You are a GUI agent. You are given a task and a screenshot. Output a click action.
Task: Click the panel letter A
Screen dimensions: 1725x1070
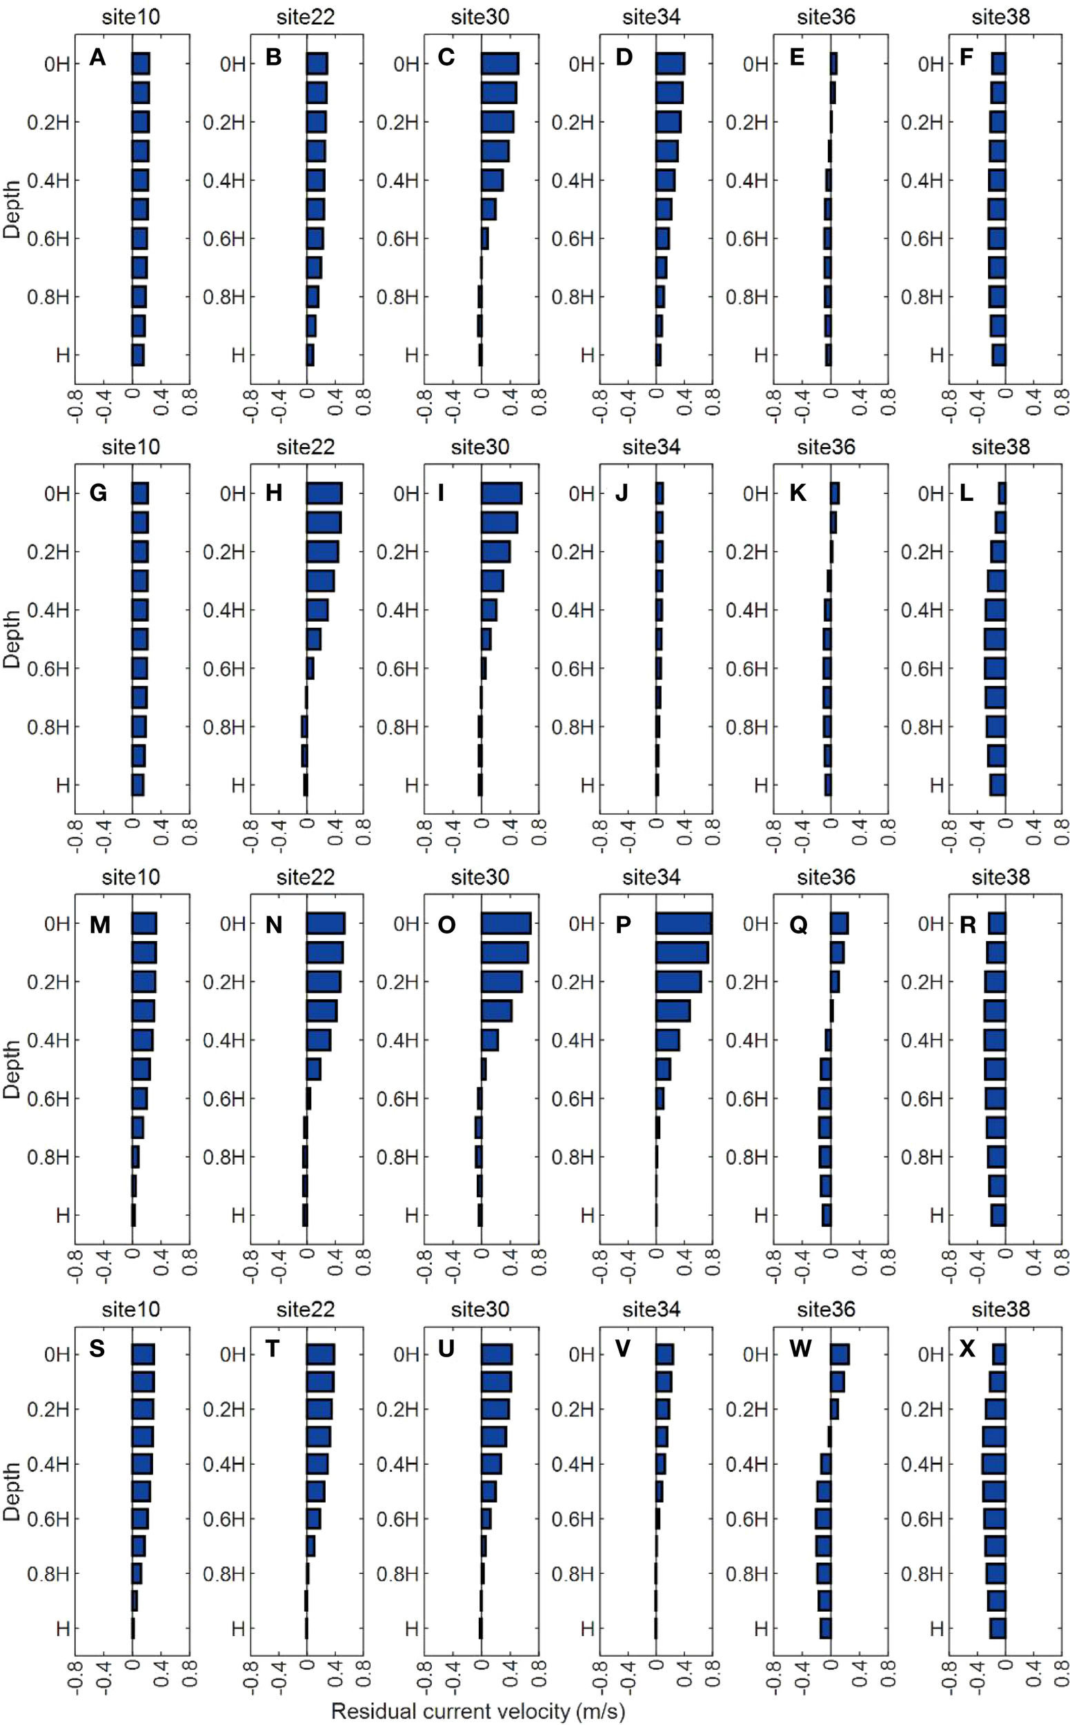point(98,57)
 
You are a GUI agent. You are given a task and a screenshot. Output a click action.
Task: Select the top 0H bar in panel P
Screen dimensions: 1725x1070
point(683,923)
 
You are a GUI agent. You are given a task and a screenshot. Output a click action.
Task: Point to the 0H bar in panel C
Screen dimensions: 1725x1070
point(499,63)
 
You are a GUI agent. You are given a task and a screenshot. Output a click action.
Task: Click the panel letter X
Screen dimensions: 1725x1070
point(967,1348)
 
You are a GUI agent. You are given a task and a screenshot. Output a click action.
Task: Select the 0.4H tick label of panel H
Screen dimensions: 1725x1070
point(224,610)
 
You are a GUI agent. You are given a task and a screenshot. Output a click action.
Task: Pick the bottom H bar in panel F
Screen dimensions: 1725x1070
point(998,355)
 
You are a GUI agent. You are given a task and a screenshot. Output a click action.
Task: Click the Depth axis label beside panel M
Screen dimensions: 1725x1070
point(12,1069)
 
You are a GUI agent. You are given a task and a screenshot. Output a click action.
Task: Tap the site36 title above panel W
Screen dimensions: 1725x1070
point(826,1309)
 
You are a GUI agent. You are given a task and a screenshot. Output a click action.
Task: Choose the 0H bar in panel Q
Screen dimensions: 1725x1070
point(840,923)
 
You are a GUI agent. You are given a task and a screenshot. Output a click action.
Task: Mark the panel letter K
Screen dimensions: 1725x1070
point(797,493)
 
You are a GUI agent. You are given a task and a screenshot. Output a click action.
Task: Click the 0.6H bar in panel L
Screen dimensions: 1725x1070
point(995,668)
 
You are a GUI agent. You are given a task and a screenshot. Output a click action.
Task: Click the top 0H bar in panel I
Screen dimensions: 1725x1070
point(501,493)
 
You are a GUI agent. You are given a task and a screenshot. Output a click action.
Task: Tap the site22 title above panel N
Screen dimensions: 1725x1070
point(305,877)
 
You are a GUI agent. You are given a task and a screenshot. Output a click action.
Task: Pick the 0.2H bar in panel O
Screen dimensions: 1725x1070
point(501,982)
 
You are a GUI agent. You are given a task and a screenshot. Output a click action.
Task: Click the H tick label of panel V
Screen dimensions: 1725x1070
point(586,1628)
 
